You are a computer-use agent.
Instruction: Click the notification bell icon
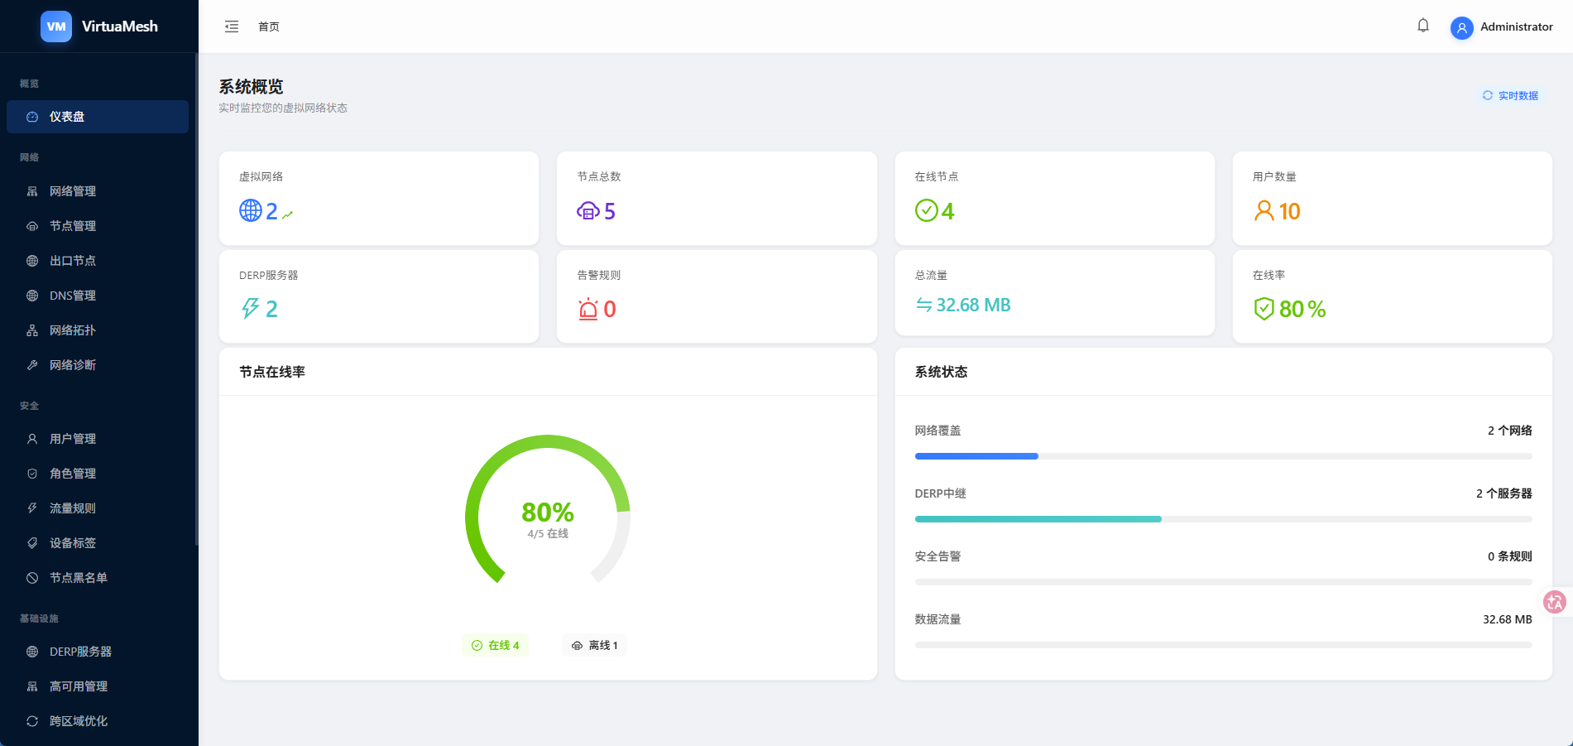point(1423,26)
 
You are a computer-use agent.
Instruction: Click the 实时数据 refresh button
point(1511,96)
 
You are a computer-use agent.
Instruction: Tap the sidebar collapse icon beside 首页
point(232,26)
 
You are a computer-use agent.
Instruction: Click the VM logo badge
point(56,26)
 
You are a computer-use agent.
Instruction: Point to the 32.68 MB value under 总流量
point(973,305)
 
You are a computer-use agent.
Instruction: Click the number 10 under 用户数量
point(1289,212)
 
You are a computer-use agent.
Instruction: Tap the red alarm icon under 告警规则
point(588,309)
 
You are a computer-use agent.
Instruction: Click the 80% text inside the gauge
point(548,512)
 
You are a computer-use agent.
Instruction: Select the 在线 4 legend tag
point(495,645)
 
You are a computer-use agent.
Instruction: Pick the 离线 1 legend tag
point(594,645)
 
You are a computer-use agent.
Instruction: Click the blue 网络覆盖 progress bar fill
point(976,456)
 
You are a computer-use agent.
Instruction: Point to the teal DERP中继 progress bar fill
point(1038,519)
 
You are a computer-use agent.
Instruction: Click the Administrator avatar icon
point(1462,28)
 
